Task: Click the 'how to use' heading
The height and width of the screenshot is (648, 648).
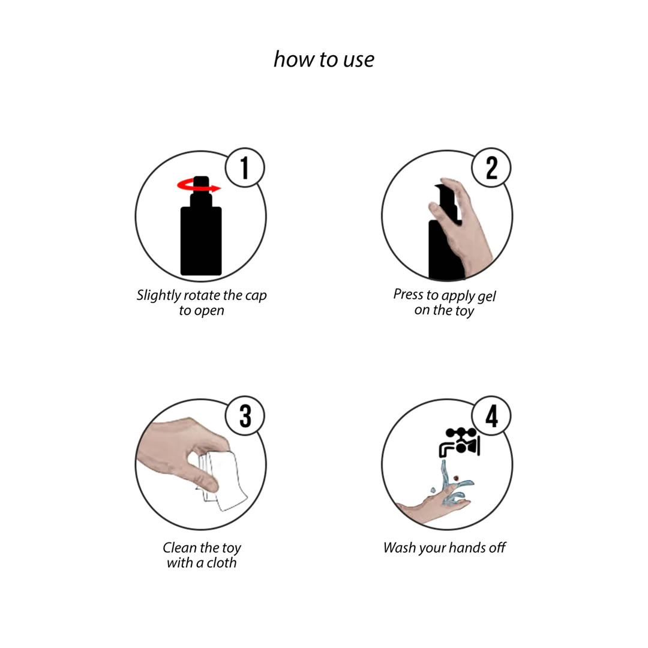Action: pos(324,59)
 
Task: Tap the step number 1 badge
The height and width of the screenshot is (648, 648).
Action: pos(245,167)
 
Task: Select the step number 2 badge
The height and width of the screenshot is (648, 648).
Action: pos(491,167)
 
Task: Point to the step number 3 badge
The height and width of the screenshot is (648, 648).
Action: pos(245,416)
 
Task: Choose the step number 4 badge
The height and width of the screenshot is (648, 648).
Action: pos(491,416)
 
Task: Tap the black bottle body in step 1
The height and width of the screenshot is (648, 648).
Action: pos(201,241)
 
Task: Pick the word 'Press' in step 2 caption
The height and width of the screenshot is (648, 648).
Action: pos(409,294)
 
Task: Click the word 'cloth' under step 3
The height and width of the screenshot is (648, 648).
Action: pos(221,563)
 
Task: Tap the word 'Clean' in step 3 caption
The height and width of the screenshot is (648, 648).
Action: pos(179,548)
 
